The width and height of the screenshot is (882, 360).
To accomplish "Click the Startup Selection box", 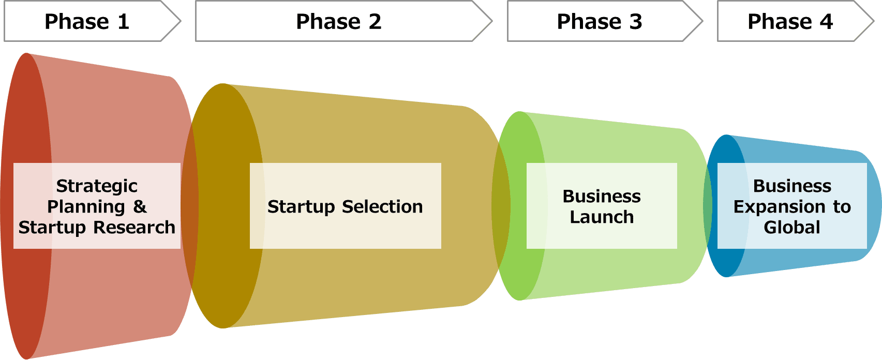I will click(345, 206).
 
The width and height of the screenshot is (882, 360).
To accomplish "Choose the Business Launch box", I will click(602, 206).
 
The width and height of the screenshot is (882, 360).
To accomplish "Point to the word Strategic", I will click(97, 186).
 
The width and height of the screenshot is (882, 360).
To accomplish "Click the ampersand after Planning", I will click(140, 206).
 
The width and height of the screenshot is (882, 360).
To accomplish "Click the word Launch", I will click(602, 217).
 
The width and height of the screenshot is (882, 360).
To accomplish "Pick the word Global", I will click(792, 227).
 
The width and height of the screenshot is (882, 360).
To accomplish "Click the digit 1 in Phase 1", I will click(123, 22).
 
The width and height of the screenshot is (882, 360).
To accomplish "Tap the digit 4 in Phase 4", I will click(826, 22).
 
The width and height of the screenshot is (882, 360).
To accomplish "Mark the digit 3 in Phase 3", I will click(636, 22).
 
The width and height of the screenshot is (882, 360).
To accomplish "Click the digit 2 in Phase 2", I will click(375, 22).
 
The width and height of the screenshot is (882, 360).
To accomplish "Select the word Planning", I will click(86, 206).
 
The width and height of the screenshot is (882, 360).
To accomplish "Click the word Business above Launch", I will click(602, 196).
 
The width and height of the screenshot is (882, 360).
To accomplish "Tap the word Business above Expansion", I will click(792, 186).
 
